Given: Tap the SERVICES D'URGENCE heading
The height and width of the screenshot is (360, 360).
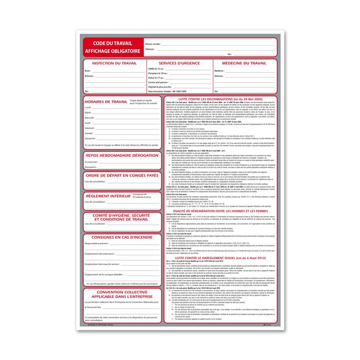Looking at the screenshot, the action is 175,64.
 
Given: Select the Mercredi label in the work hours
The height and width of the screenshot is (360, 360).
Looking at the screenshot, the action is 90,117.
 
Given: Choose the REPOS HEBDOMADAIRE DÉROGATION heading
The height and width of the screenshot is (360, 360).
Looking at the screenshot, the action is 122,155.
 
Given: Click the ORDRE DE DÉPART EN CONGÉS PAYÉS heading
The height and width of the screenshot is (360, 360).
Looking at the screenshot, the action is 122,175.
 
